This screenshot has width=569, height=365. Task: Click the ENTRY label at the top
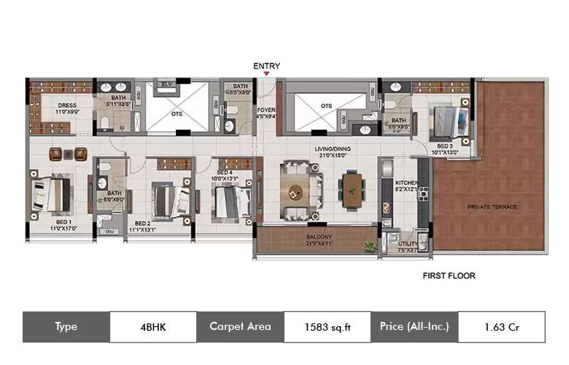(x=266, y=66)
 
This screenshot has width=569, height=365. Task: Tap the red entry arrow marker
(x=266, y=74)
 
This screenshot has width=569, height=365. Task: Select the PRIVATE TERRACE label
(x=492, y=207)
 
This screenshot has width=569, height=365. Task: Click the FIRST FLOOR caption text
(x=449, y=276)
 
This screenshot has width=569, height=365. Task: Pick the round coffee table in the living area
(x=295, y=192)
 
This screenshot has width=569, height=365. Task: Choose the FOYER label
(x=266, y=112)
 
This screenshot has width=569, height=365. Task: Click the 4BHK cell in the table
(x=153, y=327)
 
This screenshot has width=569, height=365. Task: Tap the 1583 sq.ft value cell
(x=327, y=327)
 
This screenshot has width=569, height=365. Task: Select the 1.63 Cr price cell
(x=500, y=327)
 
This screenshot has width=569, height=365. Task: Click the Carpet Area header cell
(x=240, y=327)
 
